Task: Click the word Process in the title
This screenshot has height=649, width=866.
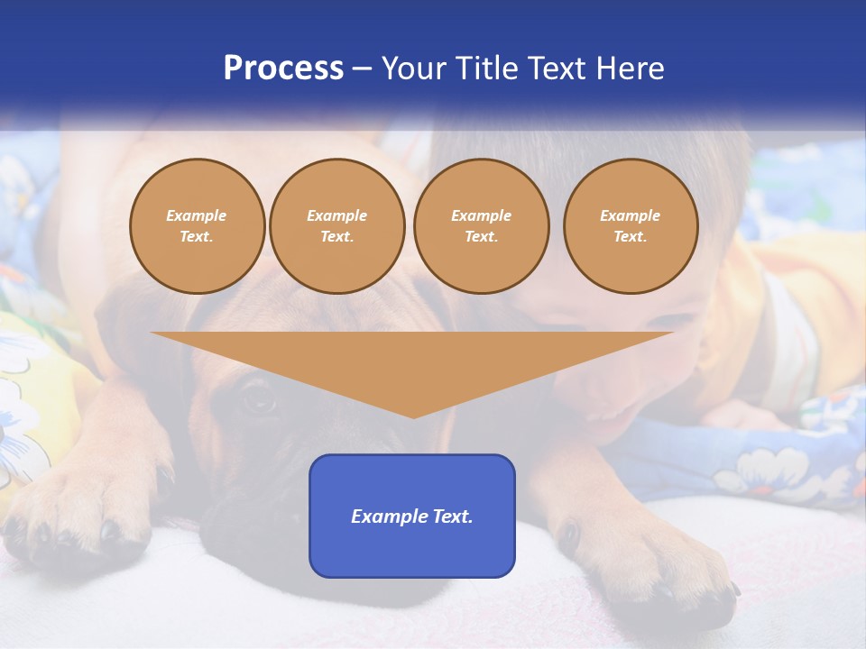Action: pyautogui.click(x=283, y=69)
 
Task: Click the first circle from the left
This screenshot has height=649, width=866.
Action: pyautogui.click(x=197, y=226)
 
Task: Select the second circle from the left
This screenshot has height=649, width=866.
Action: pyautogui.click(x=336, y=226)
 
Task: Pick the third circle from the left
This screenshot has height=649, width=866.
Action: pyautogui.click(x=481, y=226)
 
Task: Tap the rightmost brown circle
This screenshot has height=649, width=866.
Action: pyautogui.click(x=630, y=226)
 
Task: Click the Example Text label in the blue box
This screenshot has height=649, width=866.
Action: pyautogui.click(x=412, y=516)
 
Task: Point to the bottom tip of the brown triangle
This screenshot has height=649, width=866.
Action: pyautogui.click(x=413, y=416)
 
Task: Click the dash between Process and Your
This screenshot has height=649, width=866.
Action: pyautogui.click(x=363, y=69)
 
